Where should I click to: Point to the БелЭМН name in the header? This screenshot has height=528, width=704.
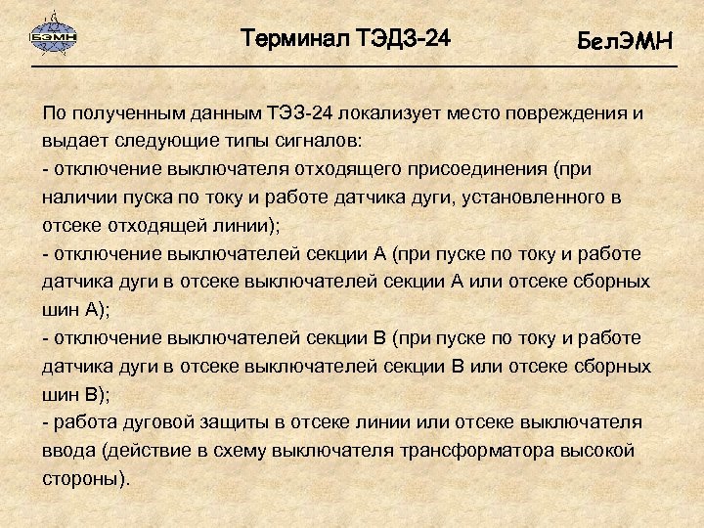(625, 42)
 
